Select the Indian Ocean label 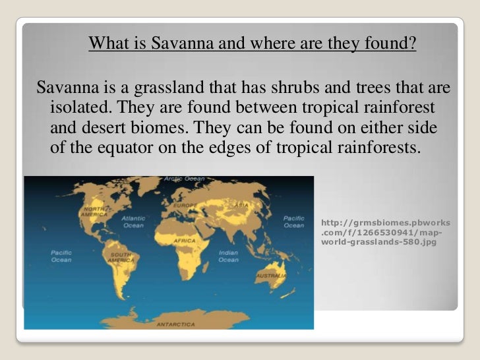[228, 256]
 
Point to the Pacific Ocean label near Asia [293, 222]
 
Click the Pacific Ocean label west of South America [61, 256]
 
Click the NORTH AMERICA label [94, 212]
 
